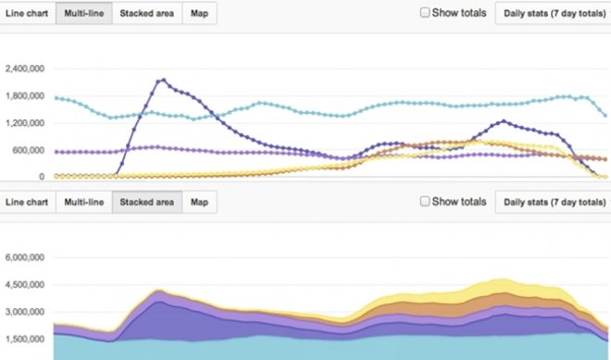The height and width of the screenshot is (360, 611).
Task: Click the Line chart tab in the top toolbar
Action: pyautogui.click(x=27, y=14)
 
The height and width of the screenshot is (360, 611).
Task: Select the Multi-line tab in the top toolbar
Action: pyautogui.click(x=84, y=14)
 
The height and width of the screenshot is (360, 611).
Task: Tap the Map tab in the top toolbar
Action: pyautogui.click(x=199, y=14)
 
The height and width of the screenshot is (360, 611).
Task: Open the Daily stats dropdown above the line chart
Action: pyautogui.click(x=552, y=14)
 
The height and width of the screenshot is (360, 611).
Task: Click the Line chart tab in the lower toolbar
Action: pyautogui.click(x=27, y=201)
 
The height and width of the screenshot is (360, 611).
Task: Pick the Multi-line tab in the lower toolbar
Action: pyautogui.click(x=84, y=201)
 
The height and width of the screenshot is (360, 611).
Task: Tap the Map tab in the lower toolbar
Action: pyautogui.click(x=199, y=201)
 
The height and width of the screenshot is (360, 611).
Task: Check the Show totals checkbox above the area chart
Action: pyautogui.click(x=425, y=201)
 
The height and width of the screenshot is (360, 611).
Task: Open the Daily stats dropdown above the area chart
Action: pyautogui.click(x=552, y=201)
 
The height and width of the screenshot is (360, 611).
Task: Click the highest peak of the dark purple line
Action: pyautogui.click(x=162, y=80)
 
